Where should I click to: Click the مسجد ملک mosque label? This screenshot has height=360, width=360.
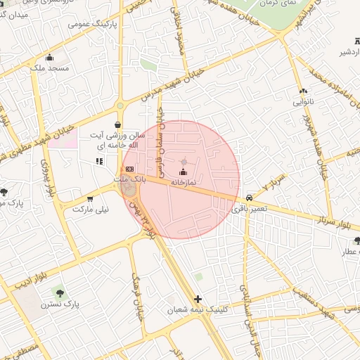point(49,68)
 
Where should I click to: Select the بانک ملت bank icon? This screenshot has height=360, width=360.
point(129,169)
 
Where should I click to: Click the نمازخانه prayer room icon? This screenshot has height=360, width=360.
point(184,172)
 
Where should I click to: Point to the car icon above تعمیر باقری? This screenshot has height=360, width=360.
point(250,198)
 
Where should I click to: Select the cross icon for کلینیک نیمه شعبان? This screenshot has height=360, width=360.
point(198,299)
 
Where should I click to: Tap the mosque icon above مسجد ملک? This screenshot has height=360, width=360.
point(49,58)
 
